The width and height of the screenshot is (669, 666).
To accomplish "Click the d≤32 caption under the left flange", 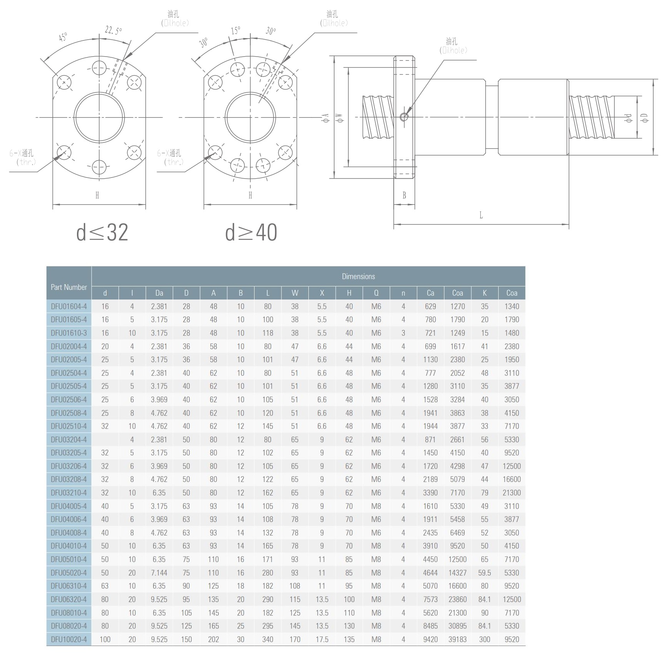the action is pyautogui.click(x=102, y=233).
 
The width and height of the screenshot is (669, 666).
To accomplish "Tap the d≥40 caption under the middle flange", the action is pyautogui.click(x=251, y=233).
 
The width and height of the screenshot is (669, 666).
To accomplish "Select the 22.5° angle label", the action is pyautogui.click(x=113, y=30).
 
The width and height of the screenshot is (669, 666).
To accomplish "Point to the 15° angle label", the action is pyautogui.click(x=236, y=31).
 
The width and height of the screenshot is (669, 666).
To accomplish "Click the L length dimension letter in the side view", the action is pyautogui.click(x=481, y=215).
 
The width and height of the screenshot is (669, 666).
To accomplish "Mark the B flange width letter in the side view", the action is pyautogui.click(x=404, y=196).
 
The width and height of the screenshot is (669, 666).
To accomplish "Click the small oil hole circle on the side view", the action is pyautogui.click(x=404, y=117).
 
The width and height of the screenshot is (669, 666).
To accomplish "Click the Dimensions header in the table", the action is pyautogui.click(x=358, y=276).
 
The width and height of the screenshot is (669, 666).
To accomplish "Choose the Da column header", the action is pyautogui.click(x=159, y=293).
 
